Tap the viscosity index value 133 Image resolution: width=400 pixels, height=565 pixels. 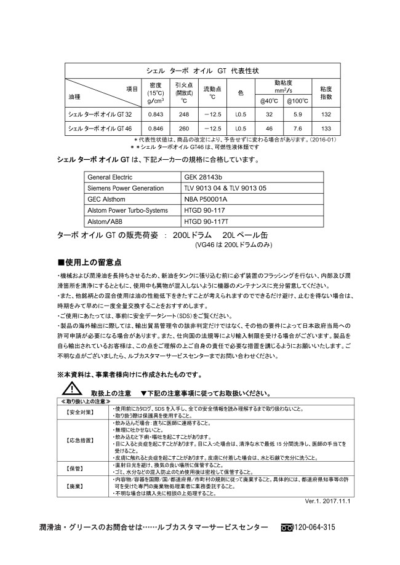click(x=326, y=128)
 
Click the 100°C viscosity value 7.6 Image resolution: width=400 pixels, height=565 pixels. click(x=297, y=128)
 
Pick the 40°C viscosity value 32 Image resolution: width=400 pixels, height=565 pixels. click(x=269, y=114)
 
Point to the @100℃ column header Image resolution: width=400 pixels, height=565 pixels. click(x=297, y=101)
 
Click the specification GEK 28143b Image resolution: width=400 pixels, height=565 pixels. click(x=204, y=177)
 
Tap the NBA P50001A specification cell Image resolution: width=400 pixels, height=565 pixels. click(x=206, y=199)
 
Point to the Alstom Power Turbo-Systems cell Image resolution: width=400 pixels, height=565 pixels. click(x=128, y=210)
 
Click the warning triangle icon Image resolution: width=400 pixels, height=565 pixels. click(x=72, y=390)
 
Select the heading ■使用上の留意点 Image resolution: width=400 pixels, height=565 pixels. click(x=89, y=262)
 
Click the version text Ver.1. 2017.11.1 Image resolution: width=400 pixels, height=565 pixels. click(x=327, y=501)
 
